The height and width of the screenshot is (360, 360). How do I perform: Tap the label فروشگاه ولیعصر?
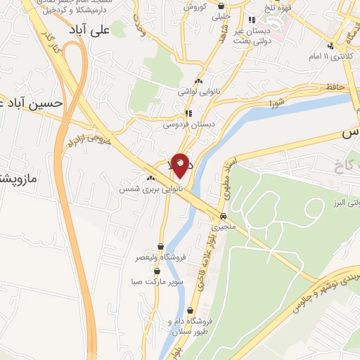(161, 258)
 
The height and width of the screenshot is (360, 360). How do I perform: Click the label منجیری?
(226, 228)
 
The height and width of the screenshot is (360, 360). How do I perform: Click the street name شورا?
(276, 104)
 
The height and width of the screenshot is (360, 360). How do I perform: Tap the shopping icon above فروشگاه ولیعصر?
(161, 246)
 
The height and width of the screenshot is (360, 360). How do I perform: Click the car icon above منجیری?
(224, 217)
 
